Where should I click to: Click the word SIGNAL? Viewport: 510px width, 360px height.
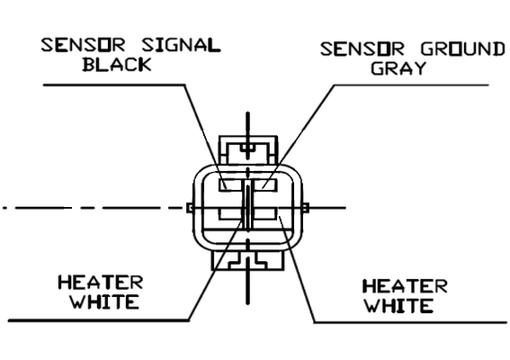coord(182,45)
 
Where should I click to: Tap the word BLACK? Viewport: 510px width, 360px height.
coord(117,64)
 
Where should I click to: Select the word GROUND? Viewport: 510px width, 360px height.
coord(463,49)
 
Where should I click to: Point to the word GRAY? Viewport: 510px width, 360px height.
coord(398,68)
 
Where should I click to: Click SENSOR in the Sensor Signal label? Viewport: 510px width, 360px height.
coord(84,45)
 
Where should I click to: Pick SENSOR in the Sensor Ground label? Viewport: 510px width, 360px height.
coord(362,49)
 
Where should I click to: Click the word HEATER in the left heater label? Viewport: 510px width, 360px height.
coord(101,283)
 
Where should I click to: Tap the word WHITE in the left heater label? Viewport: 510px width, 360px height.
coord(105,301)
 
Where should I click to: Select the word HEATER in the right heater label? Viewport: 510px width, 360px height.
coord(405,286)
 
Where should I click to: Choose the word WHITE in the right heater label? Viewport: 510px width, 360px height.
coord(399,306)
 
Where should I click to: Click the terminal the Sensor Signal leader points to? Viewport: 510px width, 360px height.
coord(230,184)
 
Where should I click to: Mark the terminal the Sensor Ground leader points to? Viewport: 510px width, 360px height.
coord(265,184)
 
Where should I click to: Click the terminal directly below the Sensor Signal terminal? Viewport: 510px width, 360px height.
coord(230,213)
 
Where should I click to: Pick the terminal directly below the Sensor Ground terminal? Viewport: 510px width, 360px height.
coord(265,213)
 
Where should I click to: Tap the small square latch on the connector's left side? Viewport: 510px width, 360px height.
coord(190,208)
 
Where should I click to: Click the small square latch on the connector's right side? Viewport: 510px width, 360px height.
coord(306,208)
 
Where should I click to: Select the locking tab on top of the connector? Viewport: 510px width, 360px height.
coord(248,149)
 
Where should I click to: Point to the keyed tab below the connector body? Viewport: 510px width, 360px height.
coord(248,260)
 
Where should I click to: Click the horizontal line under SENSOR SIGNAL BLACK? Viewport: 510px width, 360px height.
coord(114,85)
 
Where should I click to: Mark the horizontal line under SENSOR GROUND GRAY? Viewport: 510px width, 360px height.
coord(411,85)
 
